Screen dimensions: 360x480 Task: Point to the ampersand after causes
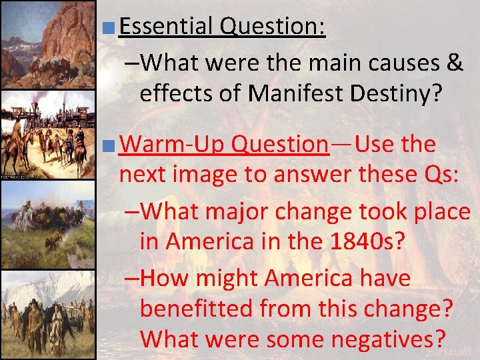coord(455,63)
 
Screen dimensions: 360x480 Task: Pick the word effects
coord(177,93)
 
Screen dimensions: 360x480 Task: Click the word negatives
coord(387,338)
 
